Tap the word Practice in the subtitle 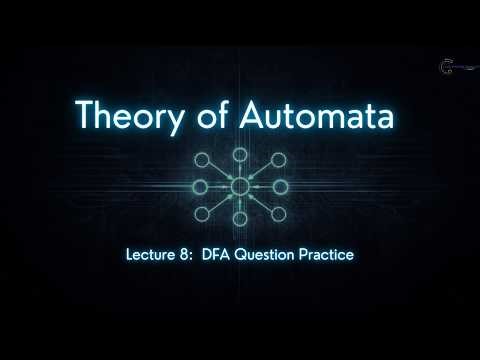coord(328,255)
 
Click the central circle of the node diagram coord(240,187)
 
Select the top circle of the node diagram coord(240,155)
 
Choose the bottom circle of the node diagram coord(240,219)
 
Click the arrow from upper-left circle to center coord(224,175)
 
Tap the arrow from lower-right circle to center coord(256,199)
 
